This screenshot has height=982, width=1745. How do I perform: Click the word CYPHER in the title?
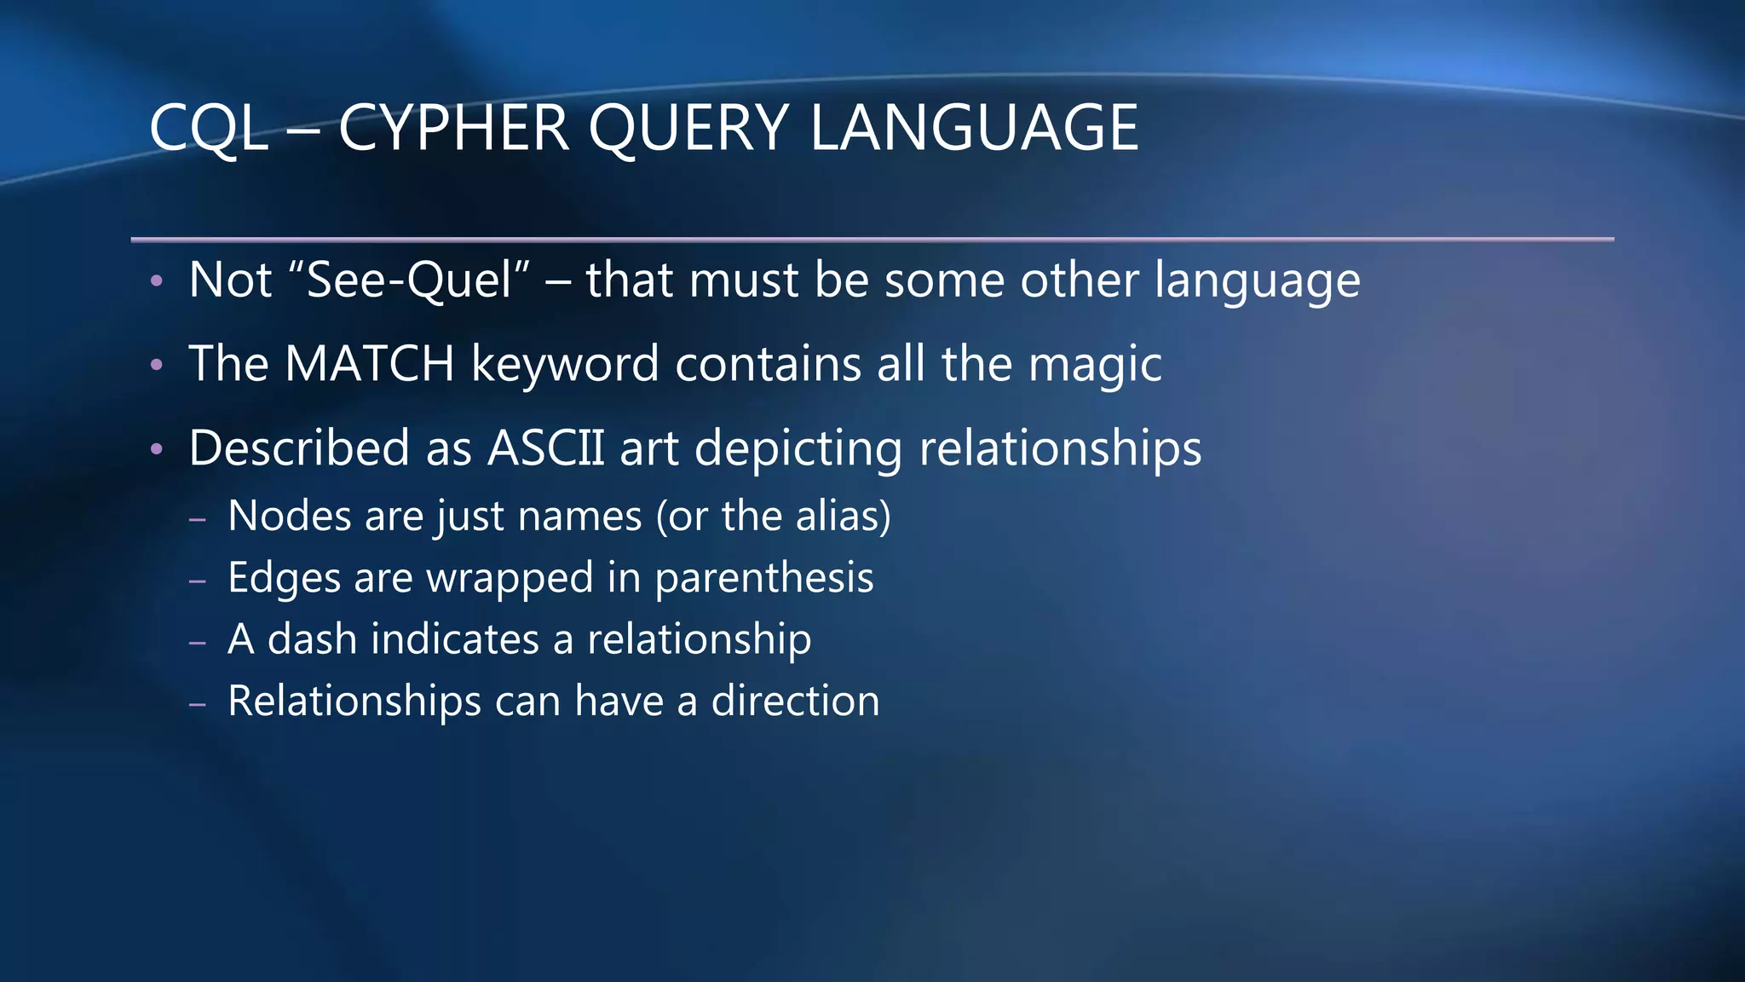point(453,128)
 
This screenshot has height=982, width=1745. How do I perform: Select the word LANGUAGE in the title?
point(974,128)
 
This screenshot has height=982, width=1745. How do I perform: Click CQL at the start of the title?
point(208,128)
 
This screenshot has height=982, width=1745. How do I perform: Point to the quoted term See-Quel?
point(409,280)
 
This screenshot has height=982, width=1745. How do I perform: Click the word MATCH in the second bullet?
point(369,363)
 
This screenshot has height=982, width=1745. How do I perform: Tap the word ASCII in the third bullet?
point(545,448)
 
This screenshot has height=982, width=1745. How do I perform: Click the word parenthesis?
point(763,579)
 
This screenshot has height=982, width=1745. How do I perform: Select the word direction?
point(795,701)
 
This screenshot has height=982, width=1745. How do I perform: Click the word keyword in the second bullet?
point(565,363)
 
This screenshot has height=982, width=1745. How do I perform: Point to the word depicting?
point(798,449)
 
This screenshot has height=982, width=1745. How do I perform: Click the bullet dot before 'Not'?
point(156,280)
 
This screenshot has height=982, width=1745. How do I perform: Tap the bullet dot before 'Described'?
point(156,448)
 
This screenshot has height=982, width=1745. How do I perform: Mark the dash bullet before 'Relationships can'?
point(198,704)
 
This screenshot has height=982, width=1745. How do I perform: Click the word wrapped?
point(510,579)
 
